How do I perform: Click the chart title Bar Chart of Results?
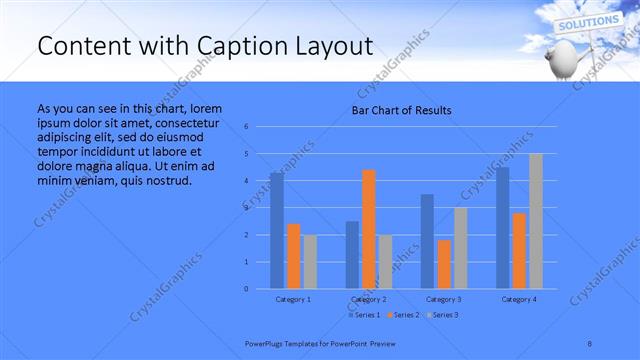(x=401, y=110)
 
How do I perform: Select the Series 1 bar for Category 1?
(x=276, y=230)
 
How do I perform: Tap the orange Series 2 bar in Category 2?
(x=368, y=229)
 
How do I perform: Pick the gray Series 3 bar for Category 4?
(x=535, y=221)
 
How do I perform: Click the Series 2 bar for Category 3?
(x=444, y=264)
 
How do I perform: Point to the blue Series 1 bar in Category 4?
(x=502, y=227)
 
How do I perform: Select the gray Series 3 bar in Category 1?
(x=310, y=261)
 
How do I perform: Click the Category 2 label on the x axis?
(x=368, y=299)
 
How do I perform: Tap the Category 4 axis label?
(x=519, y=299)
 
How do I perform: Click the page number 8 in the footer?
(x=590, y=342)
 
